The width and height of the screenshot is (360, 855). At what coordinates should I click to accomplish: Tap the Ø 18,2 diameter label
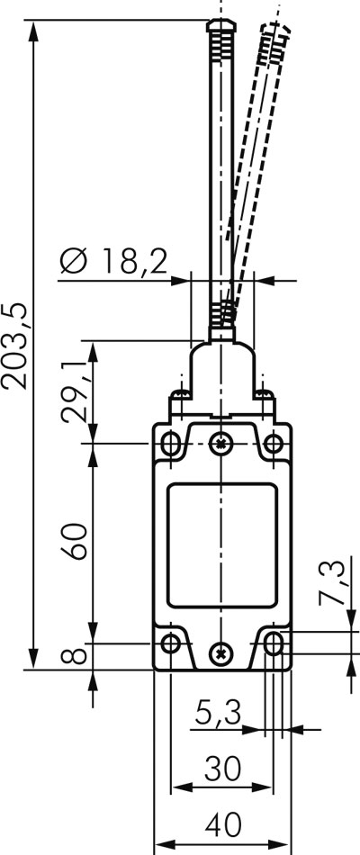113,261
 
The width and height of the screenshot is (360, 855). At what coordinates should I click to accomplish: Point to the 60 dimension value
74,541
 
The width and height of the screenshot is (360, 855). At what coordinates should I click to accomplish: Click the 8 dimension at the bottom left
75,655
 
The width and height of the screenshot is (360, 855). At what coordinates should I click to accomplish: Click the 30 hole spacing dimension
222,769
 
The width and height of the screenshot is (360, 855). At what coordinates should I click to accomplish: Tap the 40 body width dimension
223,825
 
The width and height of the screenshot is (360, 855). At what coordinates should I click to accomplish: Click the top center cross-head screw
220,443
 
